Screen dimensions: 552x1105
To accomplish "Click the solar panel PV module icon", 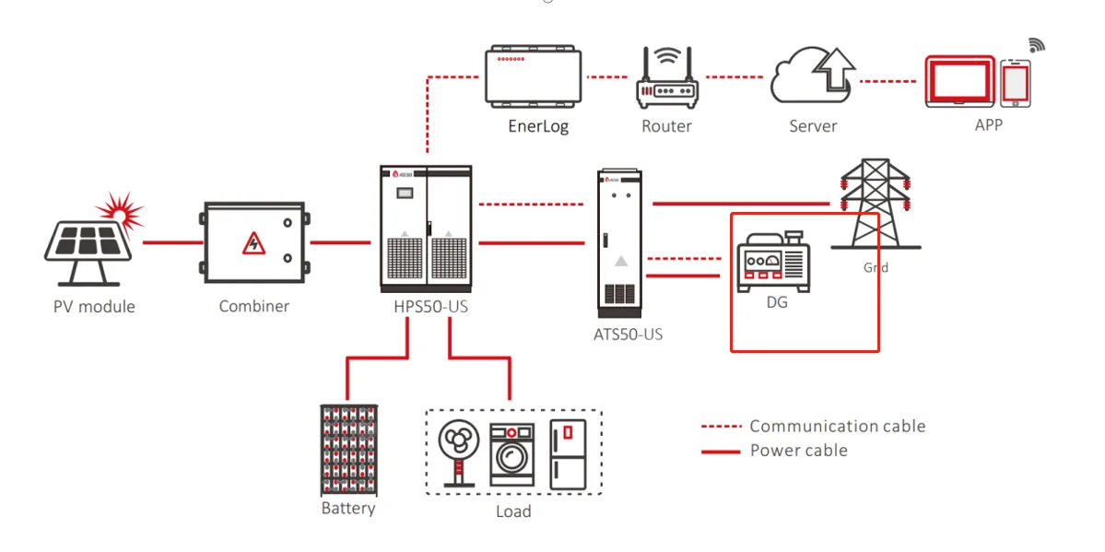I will tap(88, 244).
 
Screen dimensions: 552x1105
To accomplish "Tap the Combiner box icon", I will tap(253, 243).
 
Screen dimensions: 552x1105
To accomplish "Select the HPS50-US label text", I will tap(425, 306).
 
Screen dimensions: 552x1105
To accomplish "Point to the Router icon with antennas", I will tap(666, 81).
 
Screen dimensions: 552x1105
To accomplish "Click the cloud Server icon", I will tap(813, 77).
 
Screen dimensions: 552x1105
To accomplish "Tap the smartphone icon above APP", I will tap(1015, 84).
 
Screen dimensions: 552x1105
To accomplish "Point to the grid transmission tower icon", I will tap(875, 206).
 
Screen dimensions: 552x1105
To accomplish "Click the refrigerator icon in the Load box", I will tap(567, 453).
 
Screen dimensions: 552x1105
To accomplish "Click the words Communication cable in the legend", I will tap(837, 426).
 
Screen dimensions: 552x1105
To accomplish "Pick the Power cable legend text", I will tap(798, 451).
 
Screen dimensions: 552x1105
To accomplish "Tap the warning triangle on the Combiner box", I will tap(252, 244).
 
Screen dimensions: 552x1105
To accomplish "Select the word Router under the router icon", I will tap(666, 126).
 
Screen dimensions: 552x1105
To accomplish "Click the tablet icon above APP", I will tap(960, 81).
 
